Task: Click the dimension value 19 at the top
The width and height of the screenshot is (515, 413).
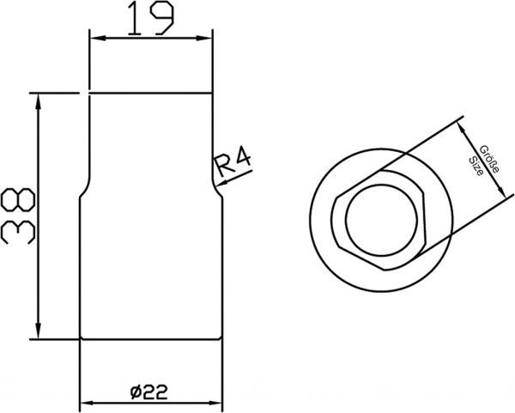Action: [150, 18]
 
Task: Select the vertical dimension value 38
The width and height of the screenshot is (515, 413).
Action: [18, 216]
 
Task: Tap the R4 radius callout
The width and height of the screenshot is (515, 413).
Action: [233, 161]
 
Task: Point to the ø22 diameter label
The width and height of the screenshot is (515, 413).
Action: [148, 392]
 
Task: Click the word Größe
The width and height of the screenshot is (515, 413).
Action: [489, 159]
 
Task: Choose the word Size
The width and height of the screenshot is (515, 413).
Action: [476, 167]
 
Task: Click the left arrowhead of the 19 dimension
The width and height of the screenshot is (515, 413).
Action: [98, 39]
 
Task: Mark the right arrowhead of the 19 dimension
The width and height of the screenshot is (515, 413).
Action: [204, 39]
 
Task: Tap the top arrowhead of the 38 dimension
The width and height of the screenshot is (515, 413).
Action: [39, 101]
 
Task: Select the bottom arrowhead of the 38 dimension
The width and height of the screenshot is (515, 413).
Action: [39, 331]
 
